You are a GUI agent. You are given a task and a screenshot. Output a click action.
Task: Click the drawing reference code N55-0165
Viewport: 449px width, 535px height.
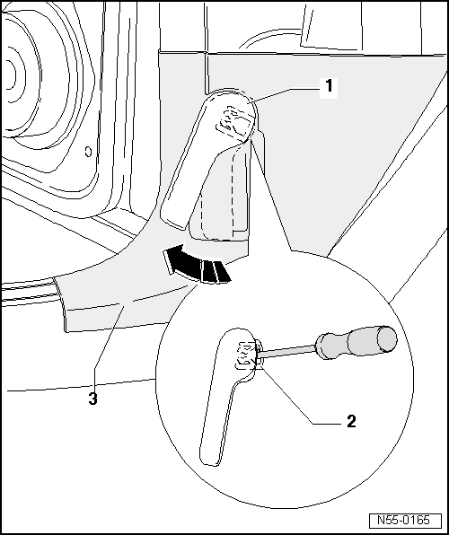point(404,520)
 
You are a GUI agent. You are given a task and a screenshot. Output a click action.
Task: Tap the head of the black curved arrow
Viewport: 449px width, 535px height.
point(171,261)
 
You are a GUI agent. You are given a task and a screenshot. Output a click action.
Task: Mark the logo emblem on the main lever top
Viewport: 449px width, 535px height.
point(236,119)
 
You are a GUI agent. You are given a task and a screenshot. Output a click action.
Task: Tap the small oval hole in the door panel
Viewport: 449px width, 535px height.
point(86,150)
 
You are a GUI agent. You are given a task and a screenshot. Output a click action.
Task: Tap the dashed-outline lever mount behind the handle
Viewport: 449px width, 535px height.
point(224,193)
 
